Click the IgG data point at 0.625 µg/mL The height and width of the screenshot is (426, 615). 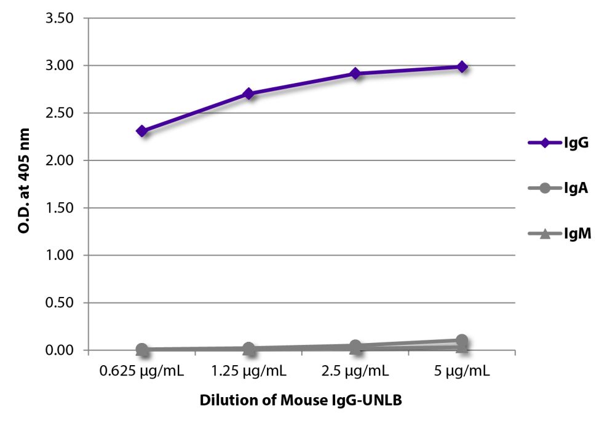[142, 131]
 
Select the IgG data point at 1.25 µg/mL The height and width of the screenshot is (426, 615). [248, 93]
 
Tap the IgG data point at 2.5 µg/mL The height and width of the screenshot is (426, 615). [355, 73]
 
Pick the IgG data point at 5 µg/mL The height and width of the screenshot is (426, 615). [462, 66]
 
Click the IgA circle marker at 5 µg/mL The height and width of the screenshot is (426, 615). [462, 341]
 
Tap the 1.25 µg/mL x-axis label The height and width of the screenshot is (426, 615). [248, 371]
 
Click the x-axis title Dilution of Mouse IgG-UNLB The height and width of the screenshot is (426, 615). [301, 400]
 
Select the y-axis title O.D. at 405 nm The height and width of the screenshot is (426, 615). [25, 184]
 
